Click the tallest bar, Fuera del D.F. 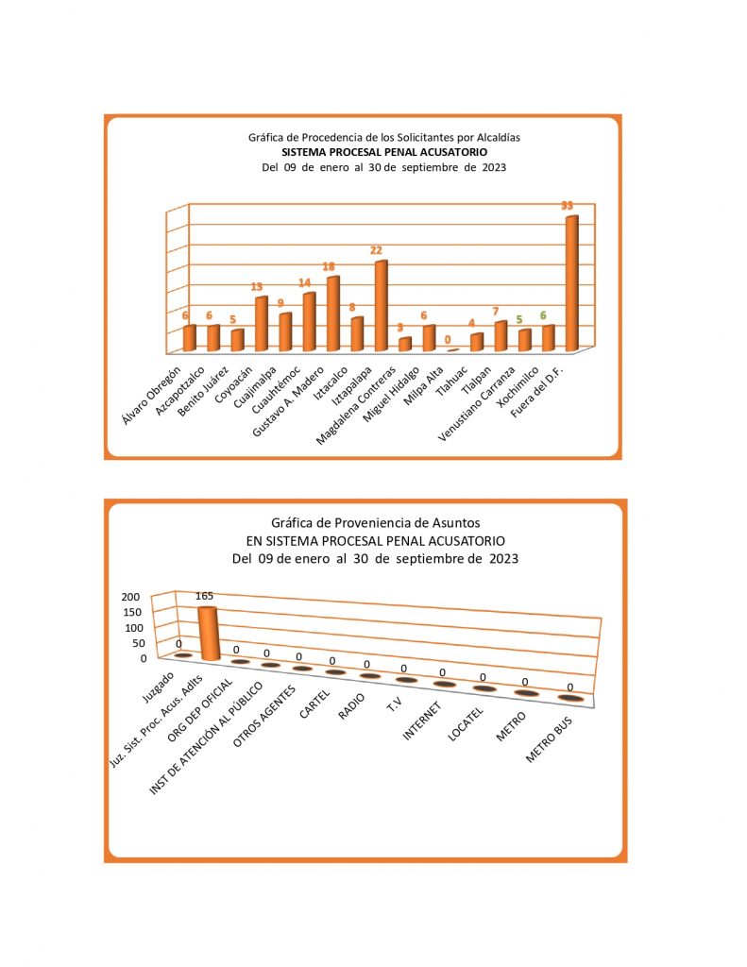pos(571,283)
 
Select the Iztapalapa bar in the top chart pos(381,306)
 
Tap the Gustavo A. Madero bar pos(332,314)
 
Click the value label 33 pos(568,206)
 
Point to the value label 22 pos(376,251)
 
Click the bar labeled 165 pos(207,633)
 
